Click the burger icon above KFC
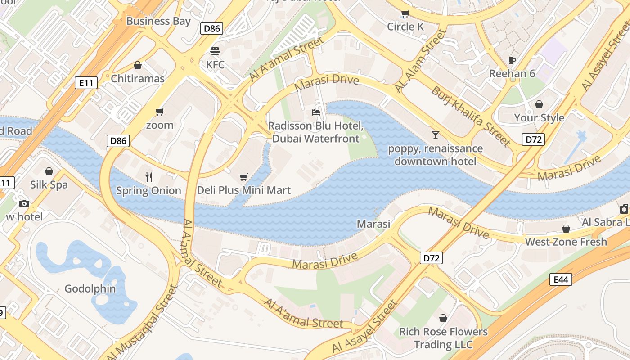click(215, 50)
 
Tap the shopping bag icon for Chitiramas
click(138, 66)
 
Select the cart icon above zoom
click(159, 112)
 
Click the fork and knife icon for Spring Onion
click(149, 177)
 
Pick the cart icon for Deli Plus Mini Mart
click(243, 177)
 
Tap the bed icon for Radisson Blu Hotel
click(316, 112)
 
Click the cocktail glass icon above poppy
click(435, 135)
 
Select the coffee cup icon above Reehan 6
click(512, 60)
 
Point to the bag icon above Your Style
click(539, 104)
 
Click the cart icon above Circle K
click(405, 13)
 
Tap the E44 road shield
click(561, 279)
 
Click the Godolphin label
click(90, 288)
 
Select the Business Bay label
click(158, 21)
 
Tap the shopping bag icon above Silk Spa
click(49, 171)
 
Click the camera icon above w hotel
click(24, 204)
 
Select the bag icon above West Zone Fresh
click(566, 229)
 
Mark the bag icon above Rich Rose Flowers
click(443, 318)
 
